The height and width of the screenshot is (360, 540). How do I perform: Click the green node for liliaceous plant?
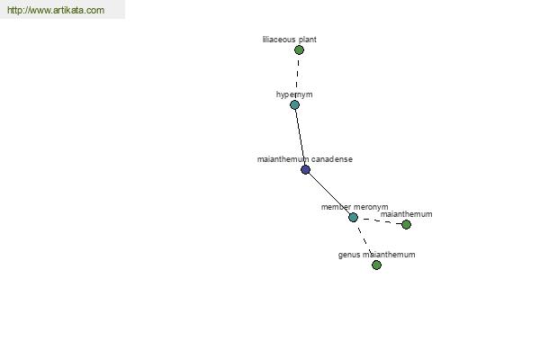point(299,49)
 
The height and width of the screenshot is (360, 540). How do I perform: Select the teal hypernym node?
point(294,105)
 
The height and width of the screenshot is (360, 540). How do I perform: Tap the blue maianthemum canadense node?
point(305,169)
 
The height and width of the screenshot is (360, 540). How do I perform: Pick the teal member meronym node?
point(353,217)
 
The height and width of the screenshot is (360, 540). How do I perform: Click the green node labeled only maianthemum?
point(406,224)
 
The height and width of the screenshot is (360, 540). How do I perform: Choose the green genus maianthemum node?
point(376,265)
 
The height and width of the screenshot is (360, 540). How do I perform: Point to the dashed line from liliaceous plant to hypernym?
point(297,76)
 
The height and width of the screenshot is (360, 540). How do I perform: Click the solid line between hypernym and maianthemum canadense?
point(300,137)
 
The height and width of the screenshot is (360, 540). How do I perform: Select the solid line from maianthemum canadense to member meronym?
point(328,193)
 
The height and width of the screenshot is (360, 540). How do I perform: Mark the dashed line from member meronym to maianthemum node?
point(379,220)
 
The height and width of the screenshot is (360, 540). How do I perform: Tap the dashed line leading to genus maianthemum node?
point(364,240)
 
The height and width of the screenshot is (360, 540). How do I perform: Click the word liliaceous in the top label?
point(278,40)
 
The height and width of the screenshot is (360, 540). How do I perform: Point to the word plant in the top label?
point(306,40)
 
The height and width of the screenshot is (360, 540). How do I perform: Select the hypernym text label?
point(294,94)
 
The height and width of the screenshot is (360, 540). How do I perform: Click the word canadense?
point(332,159)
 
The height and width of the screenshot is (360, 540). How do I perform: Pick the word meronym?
point(372,207)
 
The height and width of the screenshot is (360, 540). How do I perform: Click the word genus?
point(350,255)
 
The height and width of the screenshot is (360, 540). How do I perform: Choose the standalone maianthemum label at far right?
point(406,214)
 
